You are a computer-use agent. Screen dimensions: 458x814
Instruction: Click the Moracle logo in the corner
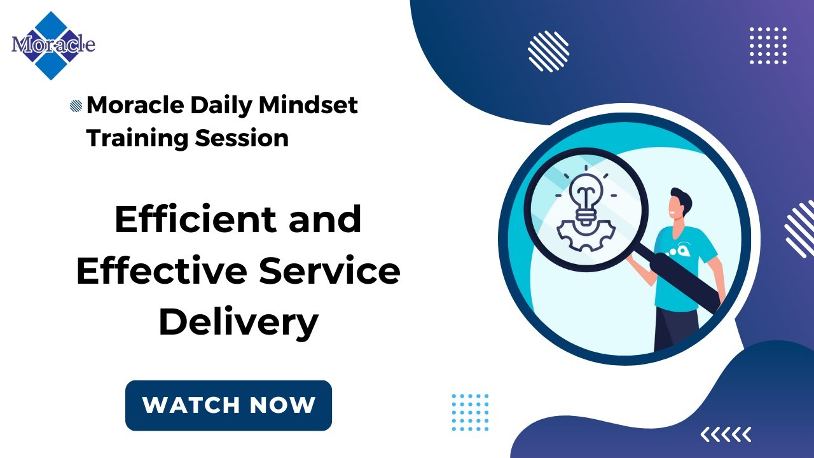[x=53, y=45]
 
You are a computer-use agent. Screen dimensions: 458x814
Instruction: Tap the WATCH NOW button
[x=228, y=405]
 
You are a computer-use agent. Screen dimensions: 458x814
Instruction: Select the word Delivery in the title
[x=238, y=322]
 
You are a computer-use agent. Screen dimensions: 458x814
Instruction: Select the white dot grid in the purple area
[x=768, y=46]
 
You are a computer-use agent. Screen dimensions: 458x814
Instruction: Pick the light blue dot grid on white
[x=470, y=412]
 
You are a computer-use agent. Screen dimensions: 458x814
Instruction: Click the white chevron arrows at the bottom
[x=726, y=434]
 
